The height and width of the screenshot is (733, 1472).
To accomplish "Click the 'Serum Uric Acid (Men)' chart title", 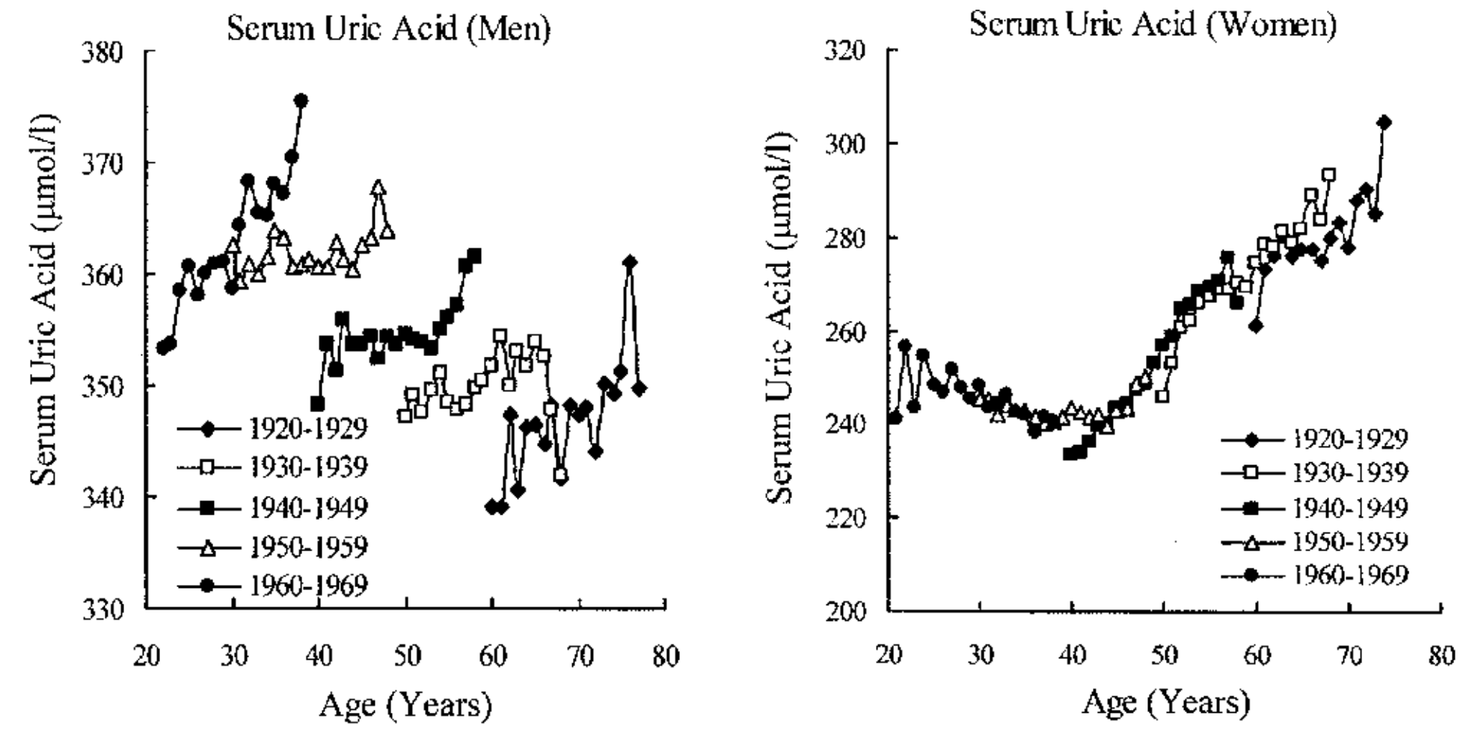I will [388, 29].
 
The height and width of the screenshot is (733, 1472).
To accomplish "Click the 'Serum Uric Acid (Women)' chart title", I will [1153, 25].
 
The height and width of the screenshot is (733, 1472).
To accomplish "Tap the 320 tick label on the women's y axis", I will [845, 51].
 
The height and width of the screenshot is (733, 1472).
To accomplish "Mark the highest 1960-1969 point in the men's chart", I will [301, 100].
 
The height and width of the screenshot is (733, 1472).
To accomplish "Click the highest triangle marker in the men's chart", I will [378, 188].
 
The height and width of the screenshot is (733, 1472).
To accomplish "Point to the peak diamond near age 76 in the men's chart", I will [629, 262].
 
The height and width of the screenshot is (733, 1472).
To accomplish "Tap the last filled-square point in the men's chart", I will [473, 256].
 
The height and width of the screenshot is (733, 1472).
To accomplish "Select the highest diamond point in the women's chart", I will [1384, 122].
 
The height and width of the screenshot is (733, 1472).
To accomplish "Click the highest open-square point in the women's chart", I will [1328, 175].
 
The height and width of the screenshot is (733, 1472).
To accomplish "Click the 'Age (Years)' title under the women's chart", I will [1165, 702].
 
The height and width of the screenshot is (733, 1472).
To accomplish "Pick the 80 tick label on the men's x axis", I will [665, 657].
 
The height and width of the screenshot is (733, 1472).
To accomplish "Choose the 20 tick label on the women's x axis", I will [889, 655].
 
